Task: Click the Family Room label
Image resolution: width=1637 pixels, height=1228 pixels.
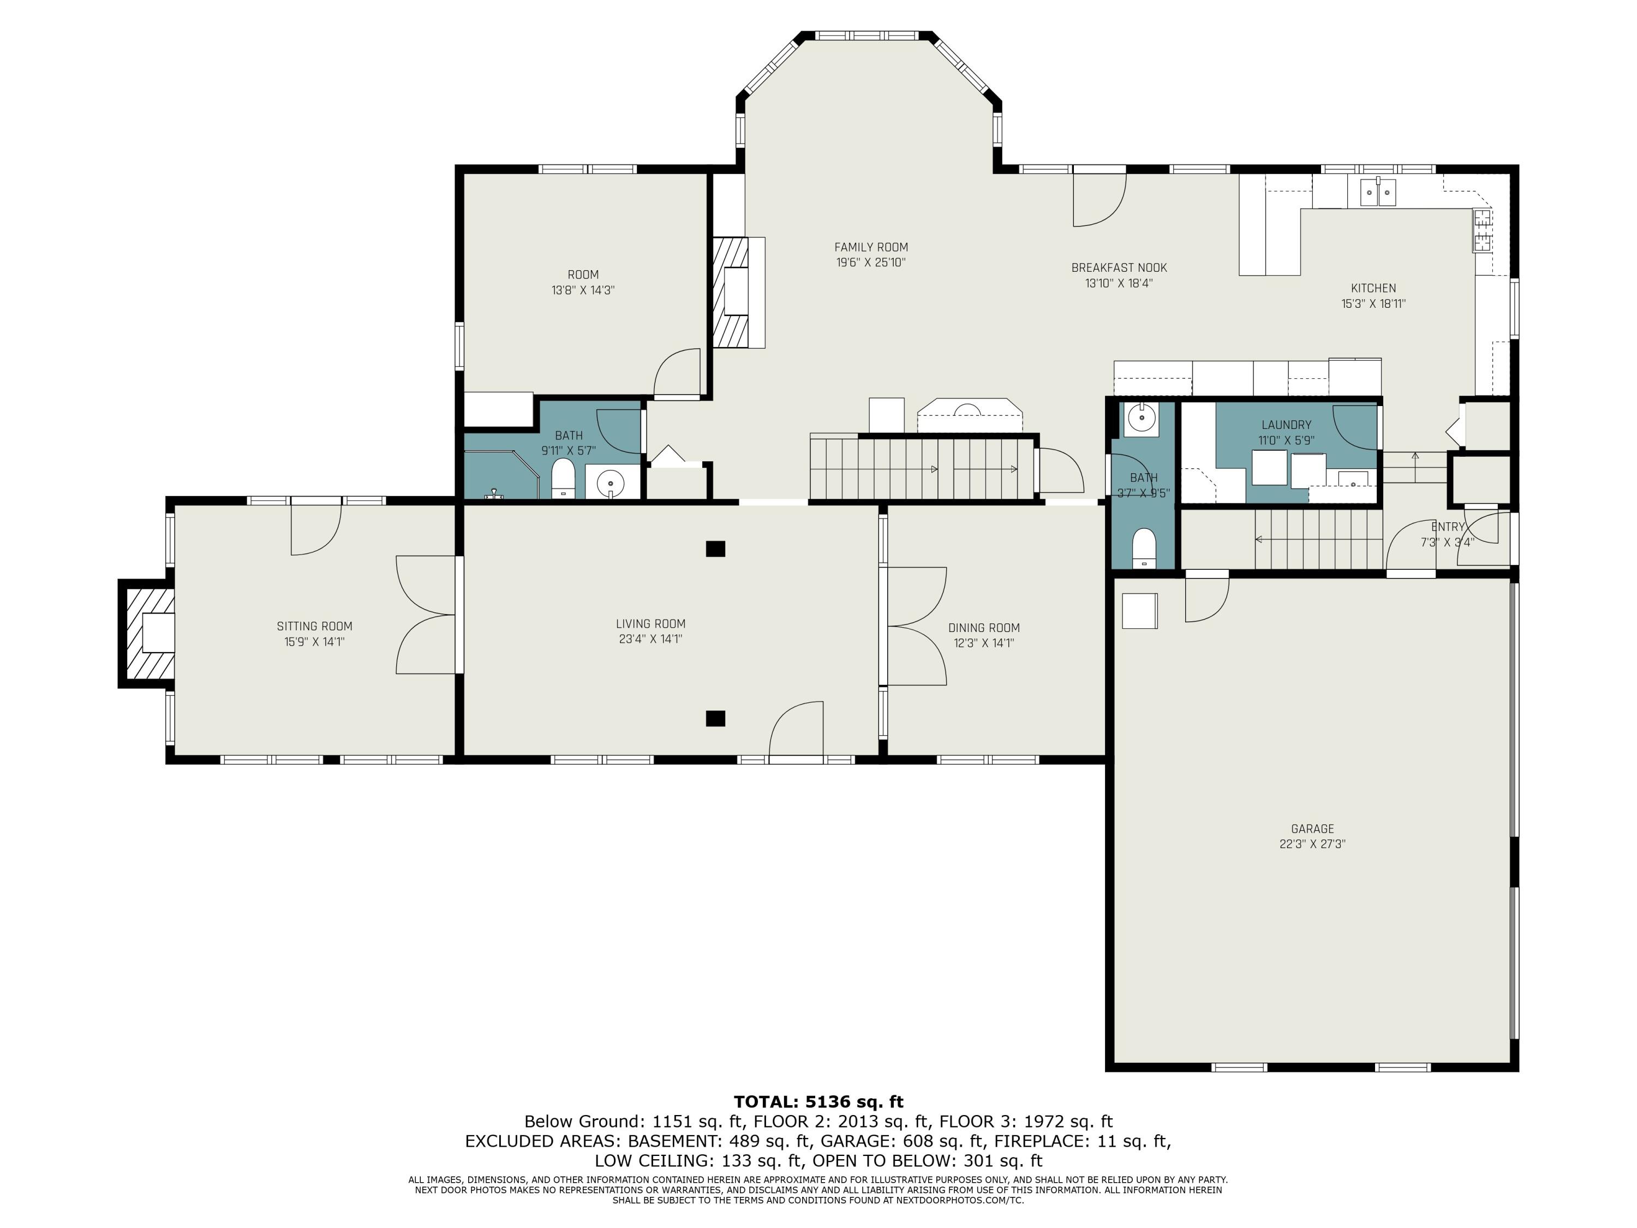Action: pos(870,247)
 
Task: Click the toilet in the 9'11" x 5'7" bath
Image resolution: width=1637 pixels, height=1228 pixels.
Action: pos(563,478)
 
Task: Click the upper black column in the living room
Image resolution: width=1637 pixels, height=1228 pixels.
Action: pos(715,549)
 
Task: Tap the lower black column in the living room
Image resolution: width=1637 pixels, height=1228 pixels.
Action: pos(715,718)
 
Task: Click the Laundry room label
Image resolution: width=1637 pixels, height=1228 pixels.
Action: pos(1286,425)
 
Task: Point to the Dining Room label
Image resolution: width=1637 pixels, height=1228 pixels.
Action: pos(983,628)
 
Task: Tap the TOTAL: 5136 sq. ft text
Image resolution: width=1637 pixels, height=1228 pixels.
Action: pos(818,1102)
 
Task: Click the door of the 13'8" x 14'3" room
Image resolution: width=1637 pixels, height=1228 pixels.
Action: pos(677,374)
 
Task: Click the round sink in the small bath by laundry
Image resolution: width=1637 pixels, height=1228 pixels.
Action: pos(1140,420)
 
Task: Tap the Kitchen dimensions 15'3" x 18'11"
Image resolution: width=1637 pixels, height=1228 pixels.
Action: pos(1373,303)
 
